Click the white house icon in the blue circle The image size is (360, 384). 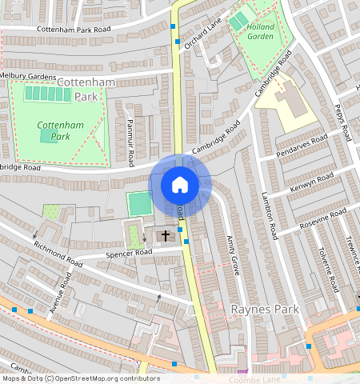click(x=180, y=185)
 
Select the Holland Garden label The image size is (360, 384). click(x=259, y=31)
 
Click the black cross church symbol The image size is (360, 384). click(x=166, y=236)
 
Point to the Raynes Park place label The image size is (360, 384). click(x=264, y=309)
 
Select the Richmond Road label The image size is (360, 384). click(x=58, y=255)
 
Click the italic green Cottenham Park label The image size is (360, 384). click(x=54, y=131)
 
